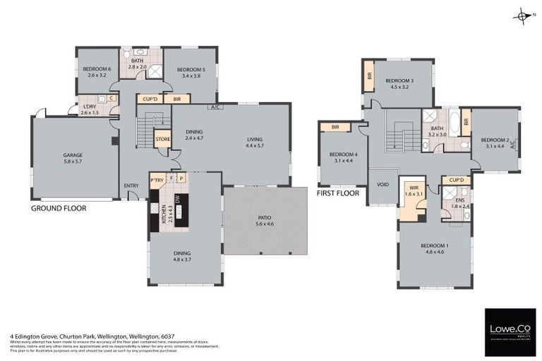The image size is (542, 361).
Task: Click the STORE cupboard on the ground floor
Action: pos(163,139)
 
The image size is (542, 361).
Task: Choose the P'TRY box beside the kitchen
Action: pos(156,180)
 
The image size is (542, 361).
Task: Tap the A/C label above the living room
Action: pos(215,108)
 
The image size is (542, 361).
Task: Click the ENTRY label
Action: pos(131,186)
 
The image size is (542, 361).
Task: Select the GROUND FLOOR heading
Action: pos(59,209)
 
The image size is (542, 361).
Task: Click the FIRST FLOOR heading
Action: pos(338,193)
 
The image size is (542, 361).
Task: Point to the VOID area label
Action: pos(383,185)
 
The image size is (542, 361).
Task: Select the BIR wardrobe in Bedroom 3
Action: pos(369,76)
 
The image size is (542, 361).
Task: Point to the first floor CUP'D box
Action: pos(457,180)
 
